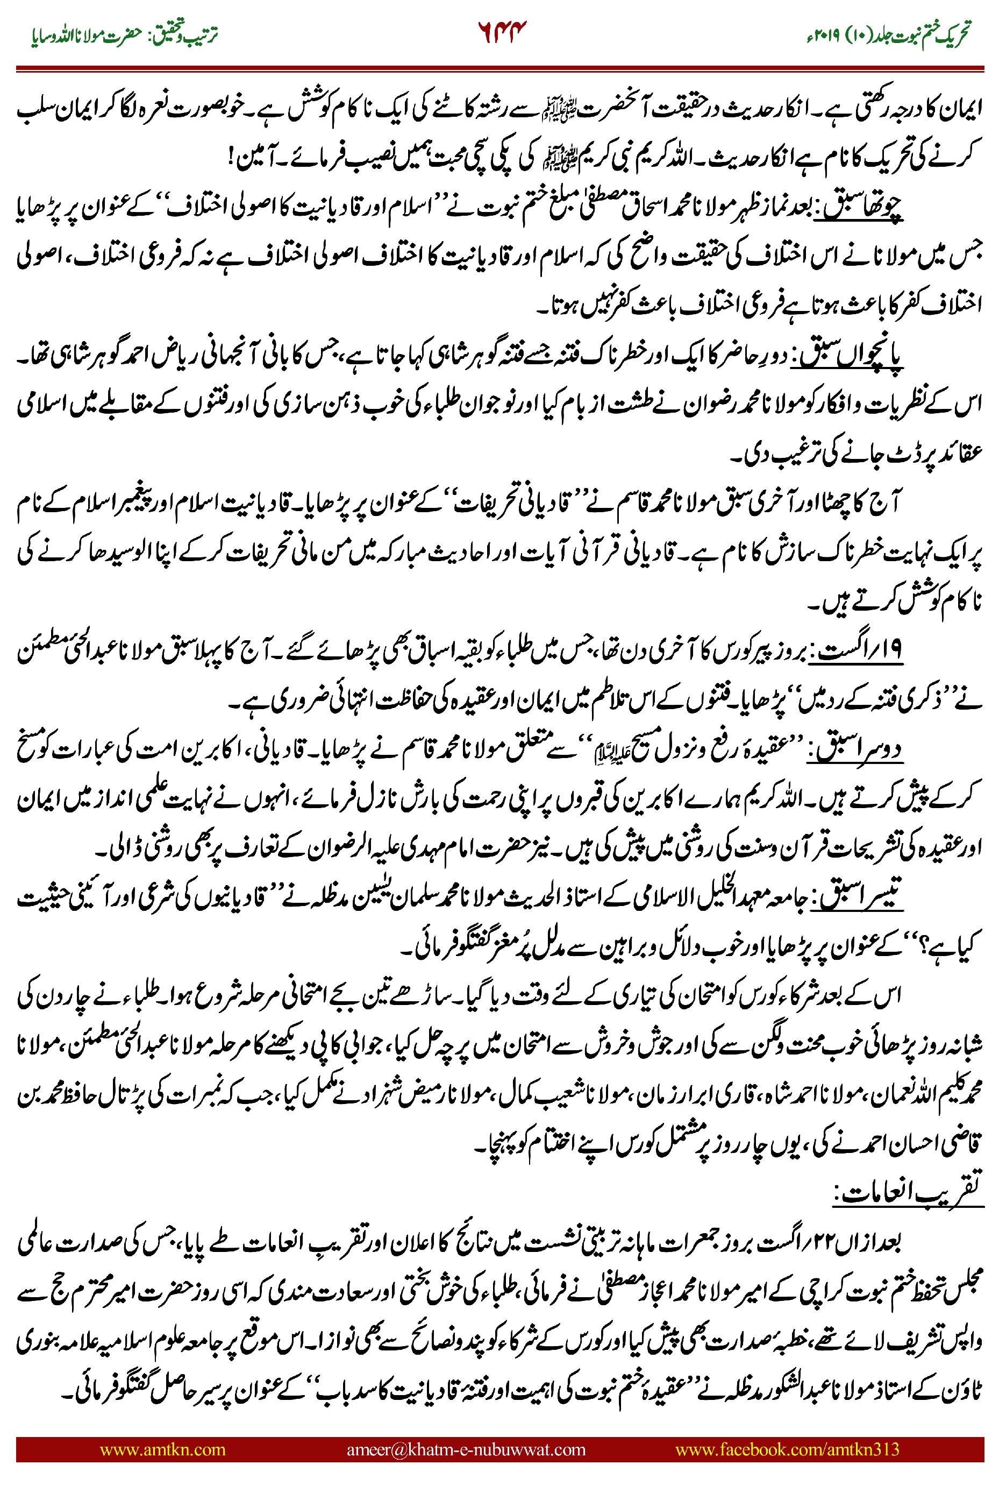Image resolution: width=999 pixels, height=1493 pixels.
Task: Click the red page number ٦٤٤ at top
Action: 502,32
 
